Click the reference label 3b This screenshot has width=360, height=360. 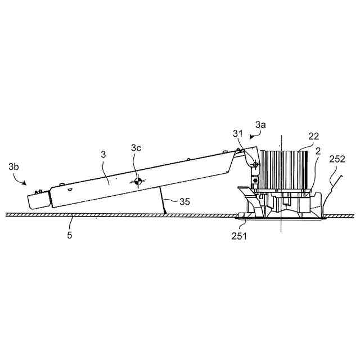(13, 166)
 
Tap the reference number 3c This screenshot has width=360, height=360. (136, 148)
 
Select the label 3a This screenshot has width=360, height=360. (260, 125)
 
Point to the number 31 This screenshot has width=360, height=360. (238, 134)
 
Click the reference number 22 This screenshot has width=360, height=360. (314, 136)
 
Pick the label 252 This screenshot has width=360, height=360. (337, 159)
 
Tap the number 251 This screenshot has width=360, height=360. (239, 236)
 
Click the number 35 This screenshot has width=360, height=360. (185, 202)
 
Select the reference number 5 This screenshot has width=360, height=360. (70, 235)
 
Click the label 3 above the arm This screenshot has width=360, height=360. (103, 155)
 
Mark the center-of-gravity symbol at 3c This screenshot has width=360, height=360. (138, 181)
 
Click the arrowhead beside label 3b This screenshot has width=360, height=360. (24, 183)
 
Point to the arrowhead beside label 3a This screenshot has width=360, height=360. (252, 137)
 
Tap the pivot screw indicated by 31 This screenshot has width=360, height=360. (255, 164)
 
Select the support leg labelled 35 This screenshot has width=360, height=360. (163, 200)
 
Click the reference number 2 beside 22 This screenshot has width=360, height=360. (318, 151)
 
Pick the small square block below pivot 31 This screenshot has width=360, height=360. (255, 179)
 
